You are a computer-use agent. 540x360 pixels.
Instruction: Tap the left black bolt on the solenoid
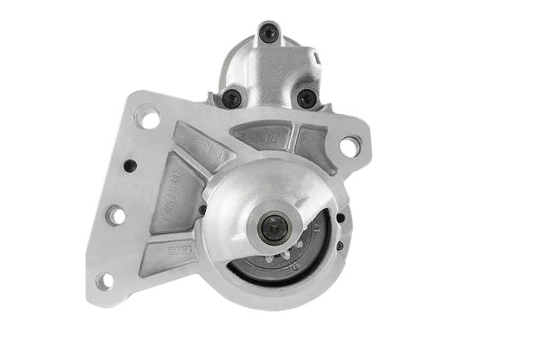pyautogui.click(x=231, y=98)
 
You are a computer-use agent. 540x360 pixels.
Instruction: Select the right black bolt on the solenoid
pyautogui.click(x=307, y=98)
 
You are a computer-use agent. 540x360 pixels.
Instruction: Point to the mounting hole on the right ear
pyautogui.click(x=349, y=144)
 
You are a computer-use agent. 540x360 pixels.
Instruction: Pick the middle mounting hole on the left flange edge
pyautogui.click(x=116, y=216)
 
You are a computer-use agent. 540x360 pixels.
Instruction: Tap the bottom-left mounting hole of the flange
pyautogui.click(x=104, y=281)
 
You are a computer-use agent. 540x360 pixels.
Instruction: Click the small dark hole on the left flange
pyautogui.click(x=130, y=166)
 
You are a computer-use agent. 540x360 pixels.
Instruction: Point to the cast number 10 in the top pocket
pyautogui.click(x=271, y=138)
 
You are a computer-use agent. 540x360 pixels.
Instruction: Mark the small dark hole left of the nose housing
pyautogui.click(x=202, y=211)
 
